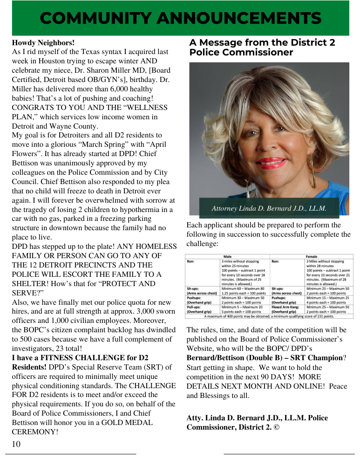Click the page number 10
(16, 444)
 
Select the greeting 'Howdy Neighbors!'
(43, 43)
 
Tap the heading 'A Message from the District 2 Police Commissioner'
(262, 47)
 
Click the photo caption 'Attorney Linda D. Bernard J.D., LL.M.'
(269, 208)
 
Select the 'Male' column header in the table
(227, 256)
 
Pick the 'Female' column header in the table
(311, 256)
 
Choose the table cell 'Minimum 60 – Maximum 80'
(243, 289)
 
